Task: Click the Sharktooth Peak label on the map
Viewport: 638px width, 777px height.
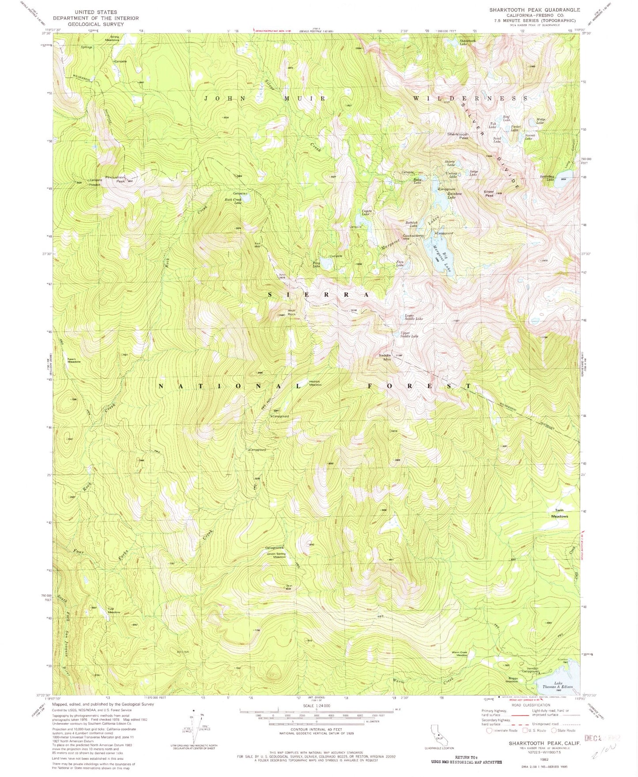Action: pyautogui.click(x=457, y=136)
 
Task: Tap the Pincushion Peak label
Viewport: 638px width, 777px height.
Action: pyautogui.click(x=115, y=179)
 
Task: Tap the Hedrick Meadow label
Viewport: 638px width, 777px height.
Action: pyautogui.click(x=315, y=383)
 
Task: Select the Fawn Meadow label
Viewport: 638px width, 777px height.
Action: pyautogui.click(x=74, y=360)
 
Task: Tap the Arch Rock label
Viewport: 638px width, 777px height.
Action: pyautogui.click(x=291, y=312)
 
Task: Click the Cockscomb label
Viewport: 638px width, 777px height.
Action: pyautogui.click(x=413, y=236)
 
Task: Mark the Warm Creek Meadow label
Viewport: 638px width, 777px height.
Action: pyautogui.click(x=459, y=653)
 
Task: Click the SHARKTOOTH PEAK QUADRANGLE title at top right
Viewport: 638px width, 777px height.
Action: pyautogui.click(x=534, y=10)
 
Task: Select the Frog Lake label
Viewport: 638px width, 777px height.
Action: pyautogui.click(x=317, y=264)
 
